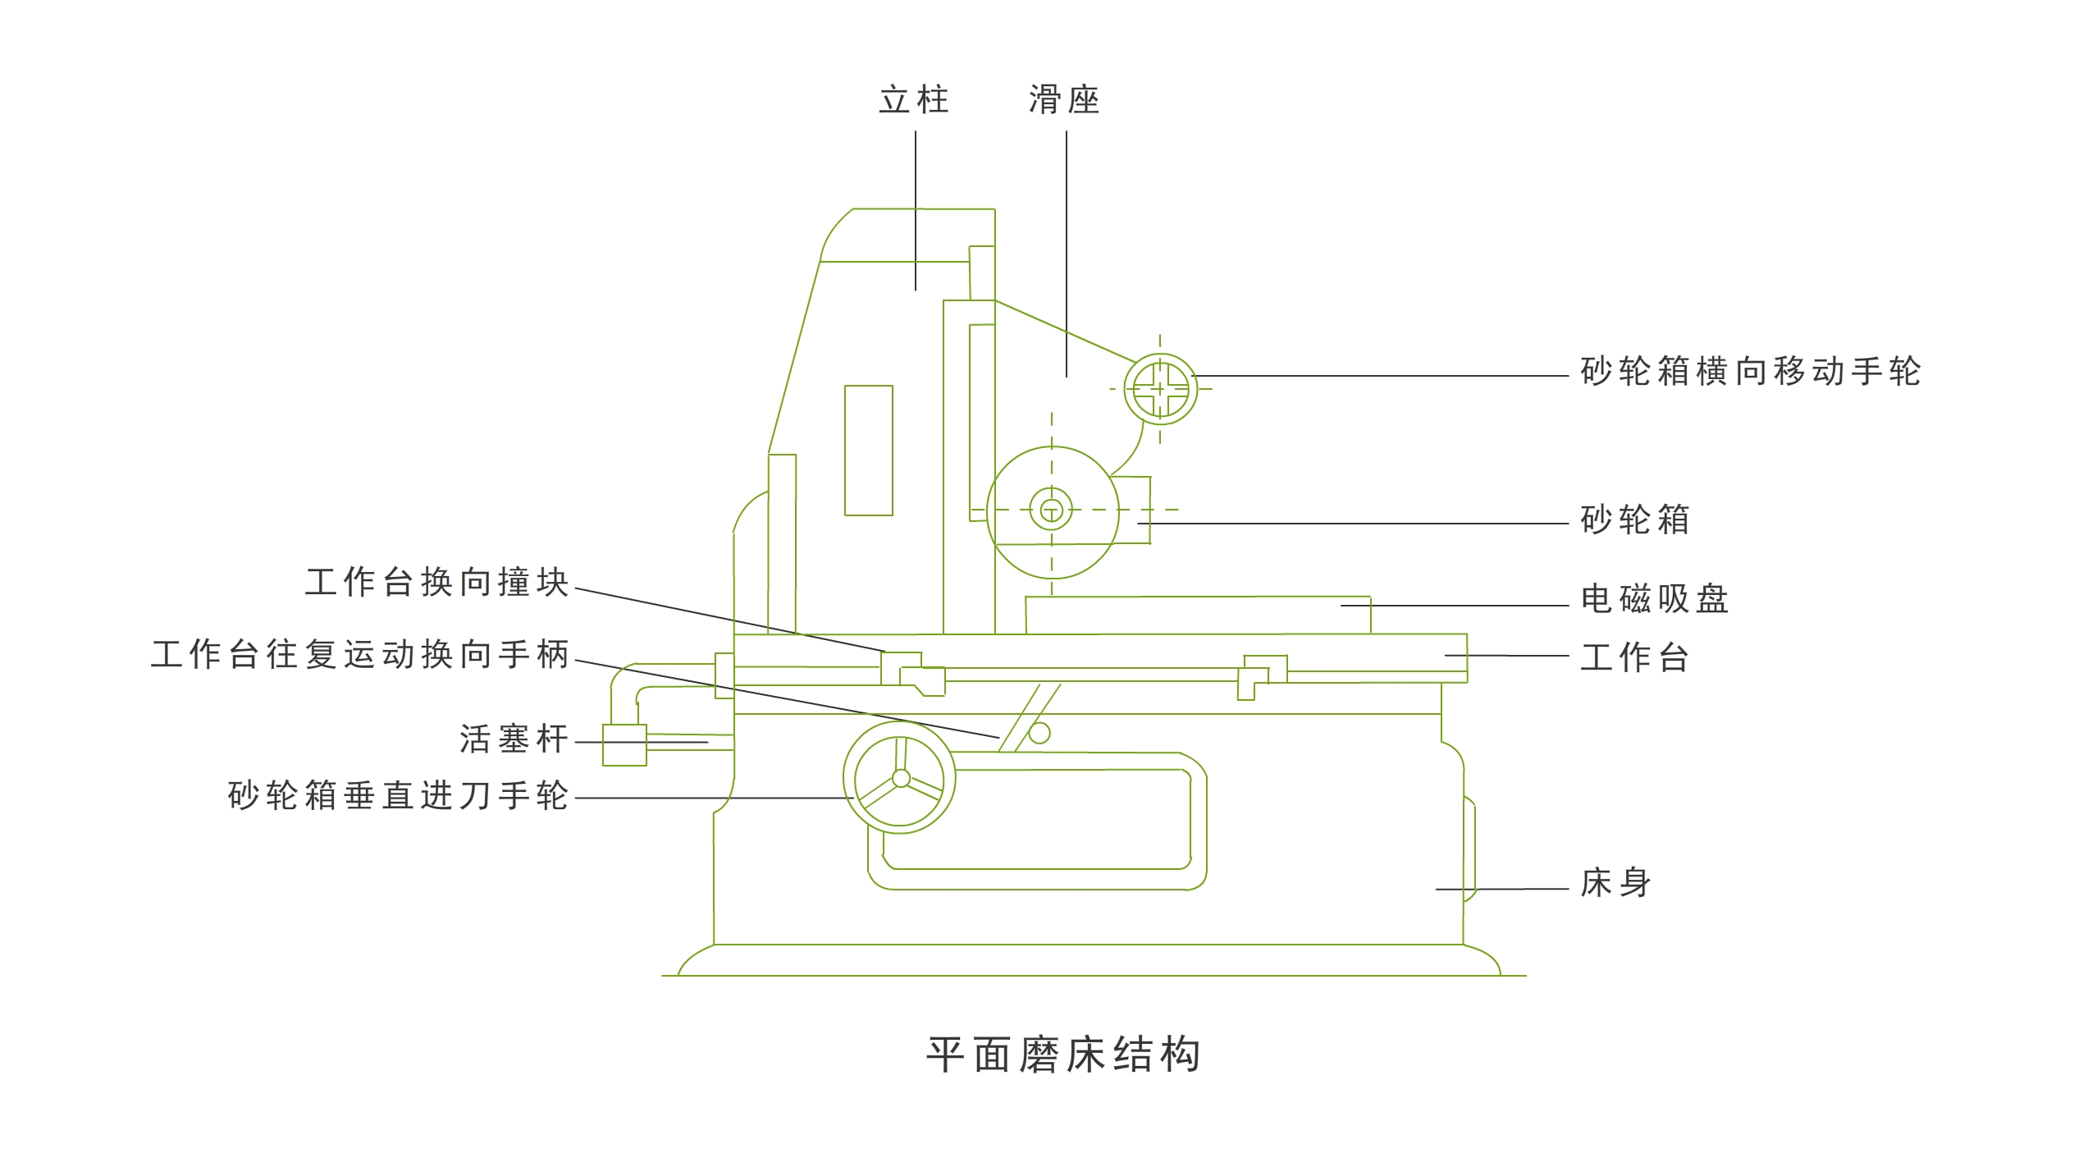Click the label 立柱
913,100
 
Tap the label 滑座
1064,100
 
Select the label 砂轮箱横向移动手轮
1750,372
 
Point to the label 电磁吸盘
1654,599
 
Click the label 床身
1615,883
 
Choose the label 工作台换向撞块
436,583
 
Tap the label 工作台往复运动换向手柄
359,655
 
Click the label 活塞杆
514,739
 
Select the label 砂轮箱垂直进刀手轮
398,796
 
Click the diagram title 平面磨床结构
1064,1055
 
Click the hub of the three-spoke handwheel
901,778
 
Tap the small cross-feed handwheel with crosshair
1160,389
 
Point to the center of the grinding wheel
1052,510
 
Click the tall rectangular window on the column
869,451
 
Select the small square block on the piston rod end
624,745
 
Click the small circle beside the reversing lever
1039,733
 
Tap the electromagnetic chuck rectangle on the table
1198,616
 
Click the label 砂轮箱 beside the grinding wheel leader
1634,520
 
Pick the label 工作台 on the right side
1634,657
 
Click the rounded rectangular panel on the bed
1038,829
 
